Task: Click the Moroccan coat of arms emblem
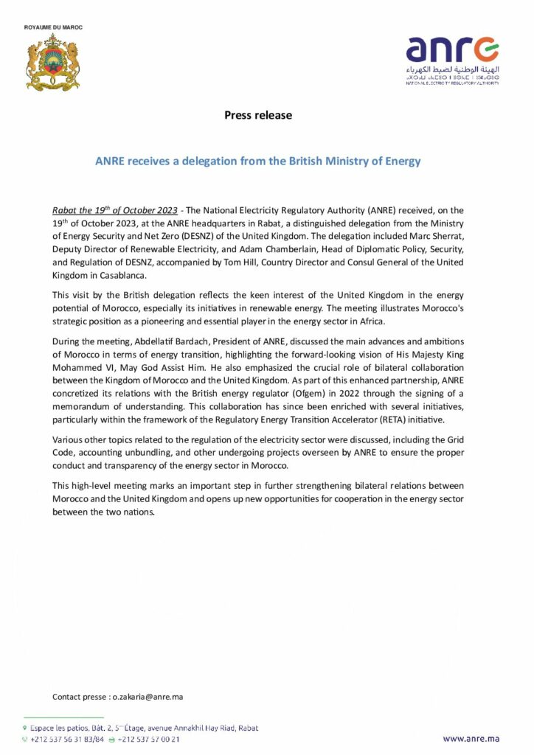click(52, 62)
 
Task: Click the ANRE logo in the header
click(451, 59)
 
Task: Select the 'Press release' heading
click(257, 115)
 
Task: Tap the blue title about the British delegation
click(257, 161)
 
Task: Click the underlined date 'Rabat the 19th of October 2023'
click(115, 211)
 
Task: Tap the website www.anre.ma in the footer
click(471, 738)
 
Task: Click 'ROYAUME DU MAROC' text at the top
click(53, 27)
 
